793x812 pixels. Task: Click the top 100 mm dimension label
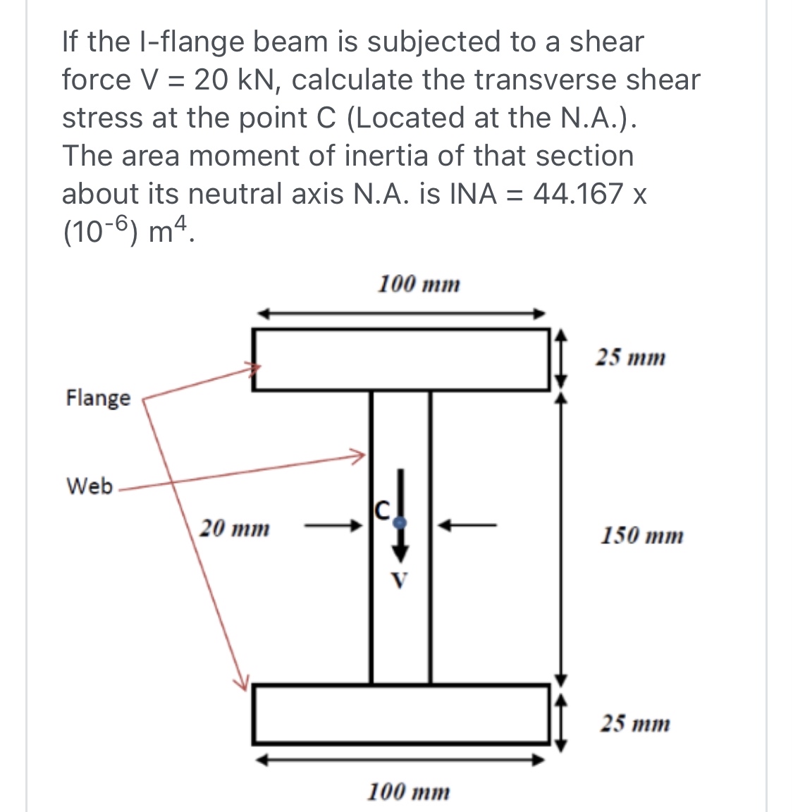pyautogui.click(x=419, y=285)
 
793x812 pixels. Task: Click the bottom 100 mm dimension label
pyautogui.click(x=409, y=792)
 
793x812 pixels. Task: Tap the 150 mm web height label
pyautogui.click(x=641, y=536)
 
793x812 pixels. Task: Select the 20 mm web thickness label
pyautogui.click(x=233, y=528)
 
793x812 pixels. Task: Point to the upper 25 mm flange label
pyautogui.click(x=630, y=358)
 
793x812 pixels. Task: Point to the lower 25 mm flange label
pyautogui.click(x=635, y=724)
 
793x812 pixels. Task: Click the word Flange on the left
pyautogui.click(x=98, y=398)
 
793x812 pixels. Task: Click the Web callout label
pyautogui.click(x=89, y=486)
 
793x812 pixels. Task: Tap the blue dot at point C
pyautogui.click(x=400, y=523)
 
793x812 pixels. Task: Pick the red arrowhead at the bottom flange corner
pyautogui.click(x=242, y=680)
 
